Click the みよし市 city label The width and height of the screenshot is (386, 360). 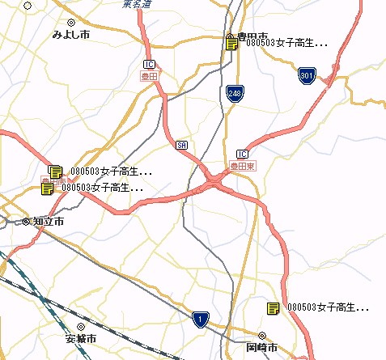70,35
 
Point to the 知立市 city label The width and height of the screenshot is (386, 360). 49,221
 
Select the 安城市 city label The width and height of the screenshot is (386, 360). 81,338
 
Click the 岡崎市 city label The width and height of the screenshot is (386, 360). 261,348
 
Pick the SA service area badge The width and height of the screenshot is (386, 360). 182,146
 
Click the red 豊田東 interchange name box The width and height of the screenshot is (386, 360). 243,165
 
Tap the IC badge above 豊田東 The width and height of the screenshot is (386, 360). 242,154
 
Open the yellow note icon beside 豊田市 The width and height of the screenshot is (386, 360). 231,43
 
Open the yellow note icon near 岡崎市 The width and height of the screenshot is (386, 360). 273,308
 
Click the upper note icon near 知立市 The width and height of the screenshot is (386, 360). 55,172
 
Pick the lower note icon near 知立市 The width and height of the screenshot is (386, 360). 47,188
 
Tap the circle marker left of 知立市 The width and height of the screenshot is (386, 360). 26,221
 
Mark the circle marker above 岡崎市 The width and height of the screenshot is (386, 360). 261,335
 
